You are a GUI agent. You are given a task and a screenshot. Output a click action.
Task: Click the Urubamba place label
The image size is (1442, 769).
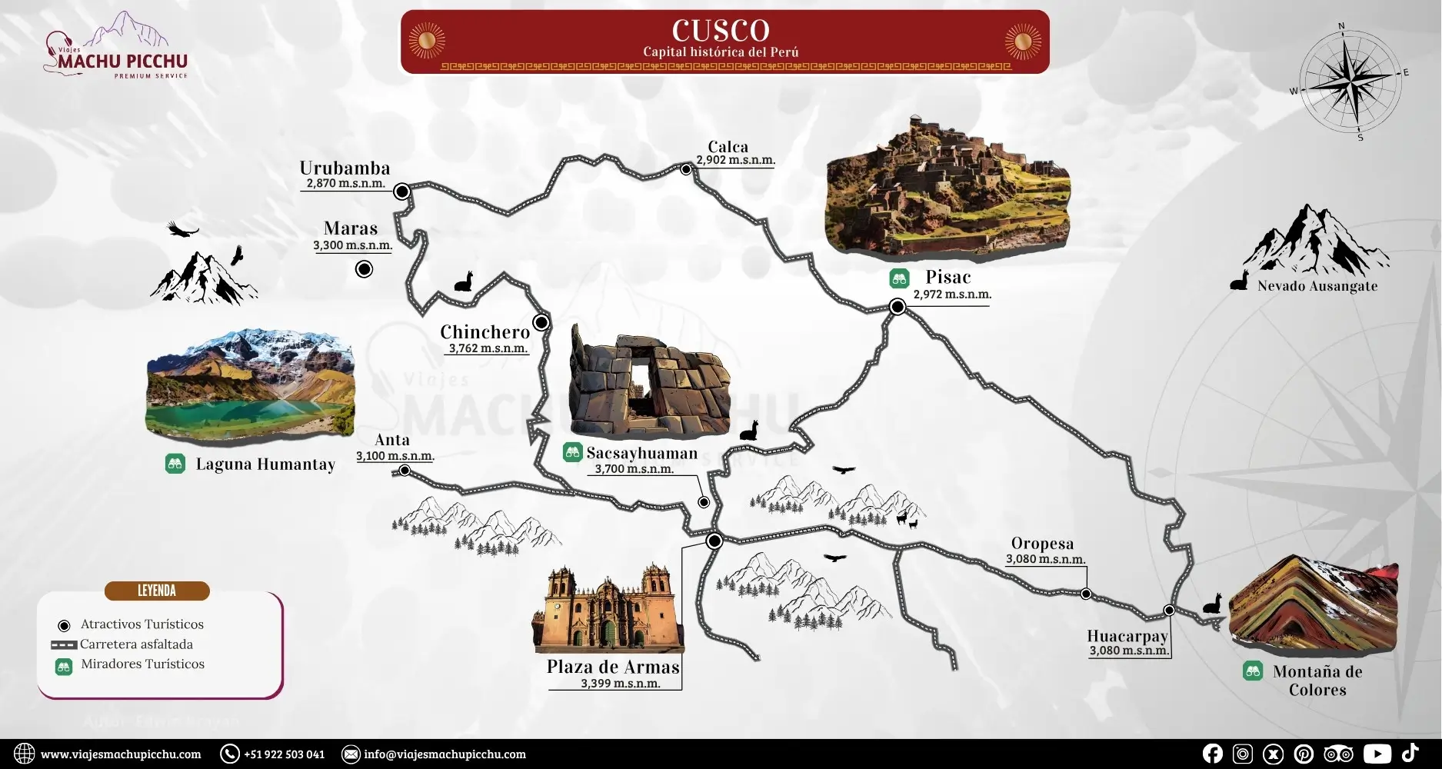coord(345,168)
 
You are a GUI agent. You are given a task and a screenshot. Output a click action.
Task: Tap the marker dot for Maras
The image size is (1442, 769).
coord(364,269)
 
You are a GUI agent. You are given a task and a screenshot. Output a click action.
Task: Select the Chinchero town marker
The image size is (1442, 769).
coord(541,322)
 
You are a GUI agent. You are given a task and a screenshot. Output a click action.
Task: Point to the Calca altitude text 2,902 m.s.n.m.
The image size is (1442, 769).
coord(735,161)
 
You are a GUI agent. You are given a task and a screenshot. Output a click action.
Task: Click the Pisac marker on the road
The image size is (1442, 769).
coord(897,307)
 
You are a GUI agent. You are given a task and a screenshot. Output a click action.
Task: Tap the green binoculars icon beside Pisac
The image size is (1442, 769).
coord(899,278)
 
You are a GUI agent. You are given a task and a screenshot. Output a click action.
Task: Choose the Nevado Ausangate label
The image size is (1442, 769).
coord(1317,286)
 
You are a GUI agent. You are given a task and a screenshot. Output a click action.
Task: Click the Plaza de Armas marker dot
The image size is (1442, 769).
coord(714,541)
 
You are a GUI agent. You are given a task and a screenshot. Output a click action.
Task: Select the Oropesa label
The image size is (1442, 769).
coord(1042,544)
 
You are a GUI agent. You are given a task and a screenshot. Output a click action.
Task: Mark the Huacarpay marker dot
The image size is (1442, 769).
coord(1169,611)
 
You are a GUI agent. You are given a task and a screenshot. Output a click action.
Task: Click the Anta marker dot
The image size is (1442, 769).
coord(405,471)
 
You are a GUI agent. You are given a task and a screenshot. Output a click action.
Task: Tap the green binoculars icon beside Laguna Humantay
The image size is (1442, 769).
coord(175,464)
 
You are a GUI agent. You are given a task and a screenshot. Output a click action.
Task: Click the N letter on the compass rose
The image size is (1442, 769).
coord(1341,26)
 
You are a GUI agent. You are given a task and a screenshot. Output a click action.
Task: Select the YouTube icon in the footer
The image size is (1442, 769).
coord(1377,754)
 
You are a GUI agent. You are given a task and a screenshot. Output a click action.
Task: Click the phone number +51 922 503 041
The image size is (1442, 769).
coord(284,754)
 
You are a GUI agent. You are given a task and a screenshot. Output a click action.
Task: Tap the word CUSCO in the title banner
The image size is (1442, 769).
coord(721,31)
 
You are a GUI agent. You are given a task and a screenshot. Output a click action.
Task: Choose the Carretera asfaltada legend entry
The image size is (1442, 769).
coord(136,644)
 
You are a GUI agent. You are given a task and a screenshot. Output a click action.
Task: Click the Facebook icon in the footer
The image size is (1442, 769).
coord(1213,754)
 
